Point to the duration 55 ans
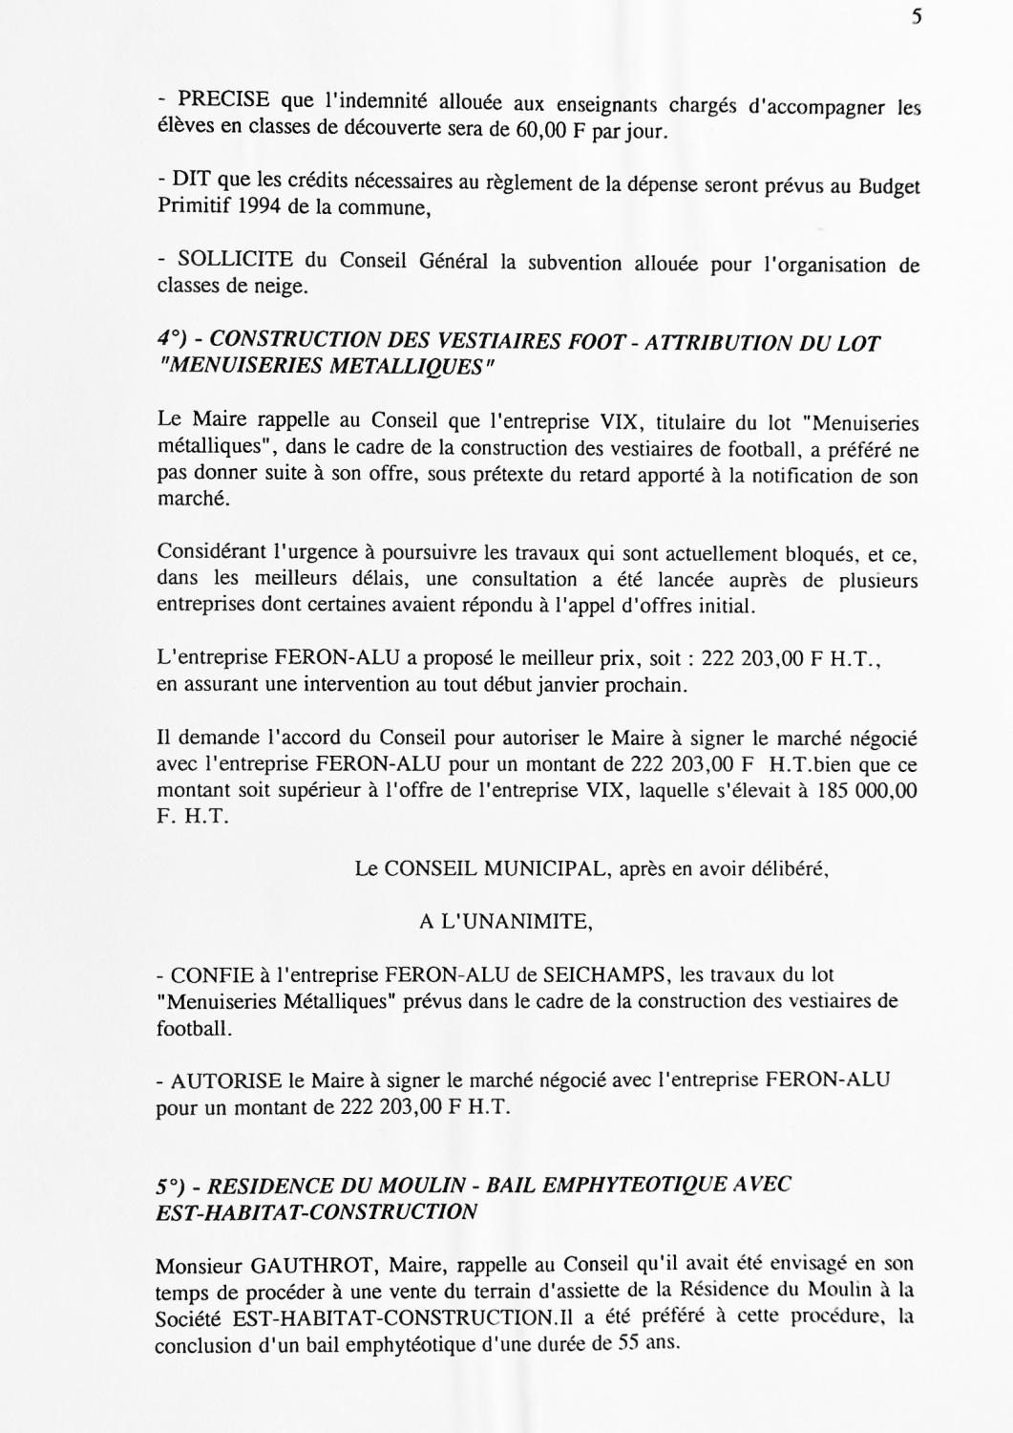pyautogui.click(x=643, y=1341)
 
